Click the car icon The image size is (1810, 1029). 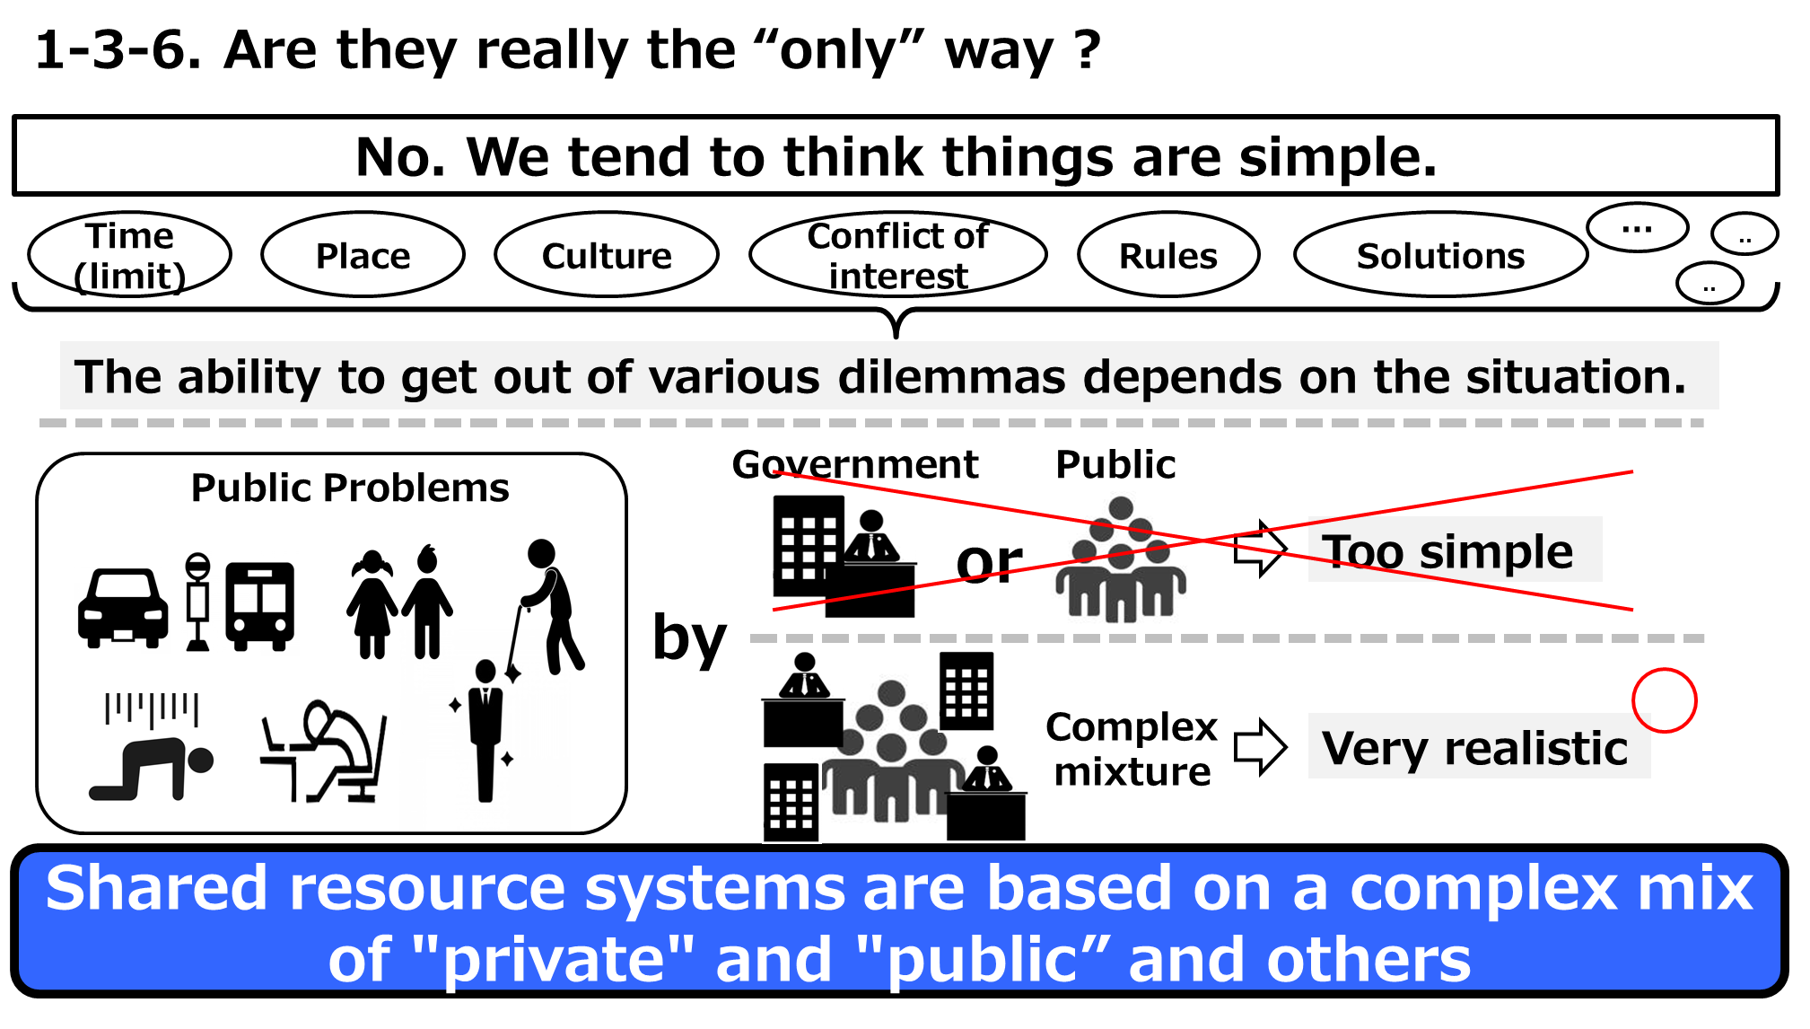click(x=122, y=610)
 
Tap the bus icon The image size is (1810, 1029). click(x=260, y=605)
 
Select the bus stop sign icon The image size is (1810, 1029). click(x=197, y=603)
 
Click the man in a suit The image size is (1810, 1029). click(x=485, y=729)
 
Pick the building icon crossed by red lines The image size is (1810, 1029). click(x=809, y=546)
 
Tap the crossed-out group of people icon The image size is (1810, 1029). click(x=1119, y=557)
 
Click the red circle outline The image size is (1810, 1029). click(x=1664, y=700)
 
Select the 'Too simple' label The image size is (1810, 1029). click(x=1454, y=550)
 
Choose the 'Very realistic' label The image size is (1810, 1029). click(x=1477, y=747)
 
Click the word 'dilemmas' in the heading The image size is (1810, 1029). click(x=951, y=377)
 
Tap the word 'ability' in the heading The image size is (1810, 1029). click(x=249, y=377)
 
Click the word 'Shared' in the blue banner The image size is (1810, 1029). click(x=157, y=889)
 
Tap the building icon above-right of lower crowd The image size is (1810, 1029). click(x=966, y=691)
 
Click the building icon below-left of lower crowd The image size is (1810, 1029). click(x=791, y=803)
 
